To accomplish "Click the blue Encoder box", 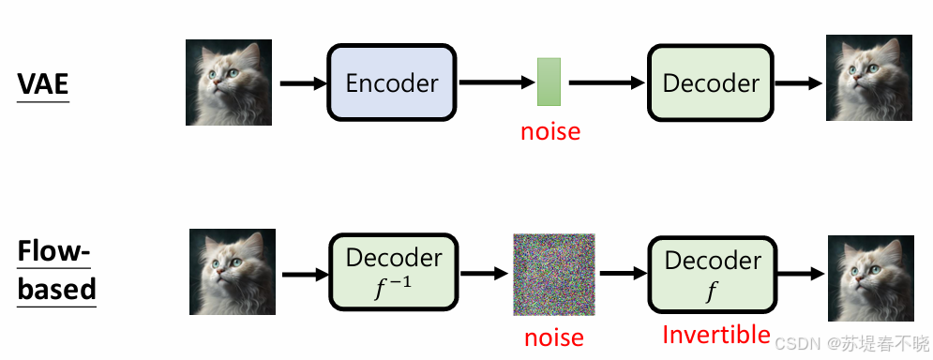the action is (x=392, y=82).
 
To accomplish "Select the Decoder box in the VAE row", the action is (x=711, y=82).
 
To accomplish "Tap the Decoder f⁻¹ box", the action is (x=393, y=272).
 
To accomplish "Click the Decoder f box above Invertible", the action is (x=713, y=275).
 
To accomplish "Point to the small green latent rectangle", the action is (x=549, y=82).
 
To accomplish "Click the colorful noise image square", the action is (x=554, y=275).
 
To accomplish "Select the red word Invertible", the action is (x=715, y=335).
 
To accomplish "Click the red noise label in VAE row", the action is (x=550, y=131).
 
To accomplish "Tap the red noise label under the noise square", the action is (x=554, y=338).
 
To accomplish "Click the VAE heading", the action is (x=43, y=83).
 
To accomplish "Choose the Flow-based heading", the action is (x=56, y=271).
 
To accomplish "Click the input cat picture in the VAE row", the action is (x=229, y=82).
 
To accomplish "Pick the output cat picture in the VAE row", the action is (x=868, y=78).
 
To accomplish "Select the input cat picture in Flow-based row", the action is (x=232, y=271).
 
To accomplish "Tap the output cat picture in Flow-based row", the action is (x=871, y=278).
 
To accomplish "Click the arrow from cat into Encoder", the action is (x=304, y=83).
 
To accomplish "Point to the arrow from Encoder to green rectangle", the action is (x=497, y=83).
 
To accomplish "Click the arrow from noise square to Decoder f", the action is (x=624, y=274).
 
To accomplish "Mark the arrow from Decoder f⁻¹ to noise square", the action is (x=485, y=274).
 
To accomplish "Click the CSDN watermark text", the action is (x=851, y=343).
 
